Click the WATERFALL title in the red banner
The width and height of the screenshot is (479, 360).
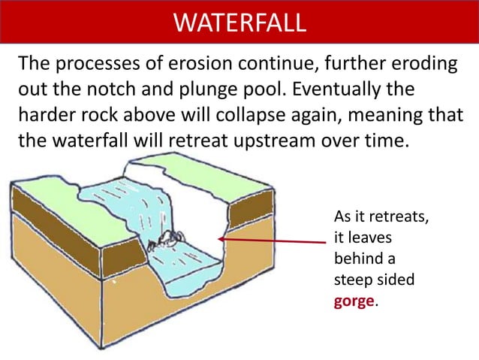239,22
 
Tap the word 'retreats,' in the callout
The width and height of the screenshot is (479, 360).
395,217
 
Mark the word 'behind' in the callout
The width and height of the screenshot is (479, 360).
357,259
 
